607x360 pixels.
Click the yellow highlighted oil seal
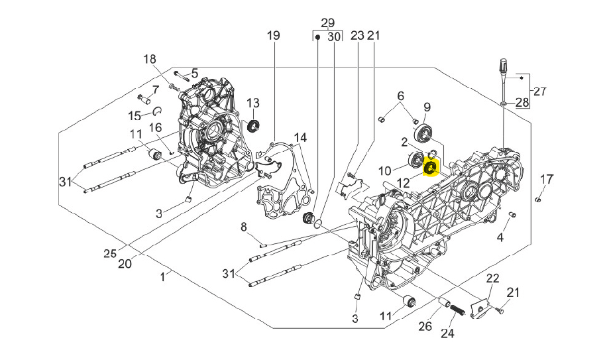pyautogui.click(x=430, y=167)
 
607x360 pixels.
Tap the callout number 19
pyautogui.click(x=274, y=35)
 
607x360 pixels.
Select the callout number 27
pyautogui.click(x=540, y=91)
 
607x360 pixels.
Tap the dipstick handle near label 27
pyautogui.click(x=502, y=66)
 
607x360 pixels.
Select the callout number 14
pyautogui.click(x=300, y=137)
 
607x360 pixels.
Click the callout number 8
pyautogui.click(x=244, y=227)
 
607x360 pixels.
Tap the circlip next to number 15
pyautogui.click(x=159, y=109)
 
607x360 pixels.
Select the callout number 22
pyautogui.click(x=492, y=278)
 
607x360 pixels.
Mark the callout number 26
pyautogui.click(x=425, y=326)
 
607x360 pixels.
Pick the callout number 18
pyautogui.click(x=148, y=59)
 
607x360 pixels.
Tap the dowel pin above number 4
pyautogui.click(x=512, y=214)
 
